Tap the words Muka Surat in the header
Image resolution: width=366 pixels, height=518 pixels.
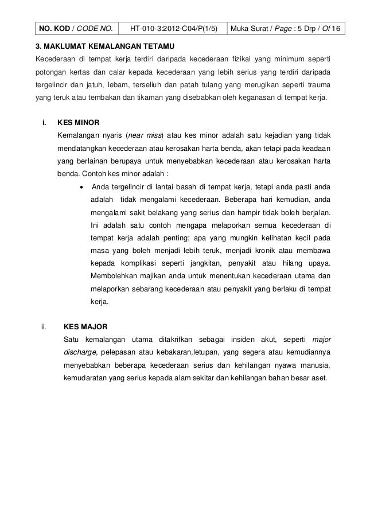coord(255,27)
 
